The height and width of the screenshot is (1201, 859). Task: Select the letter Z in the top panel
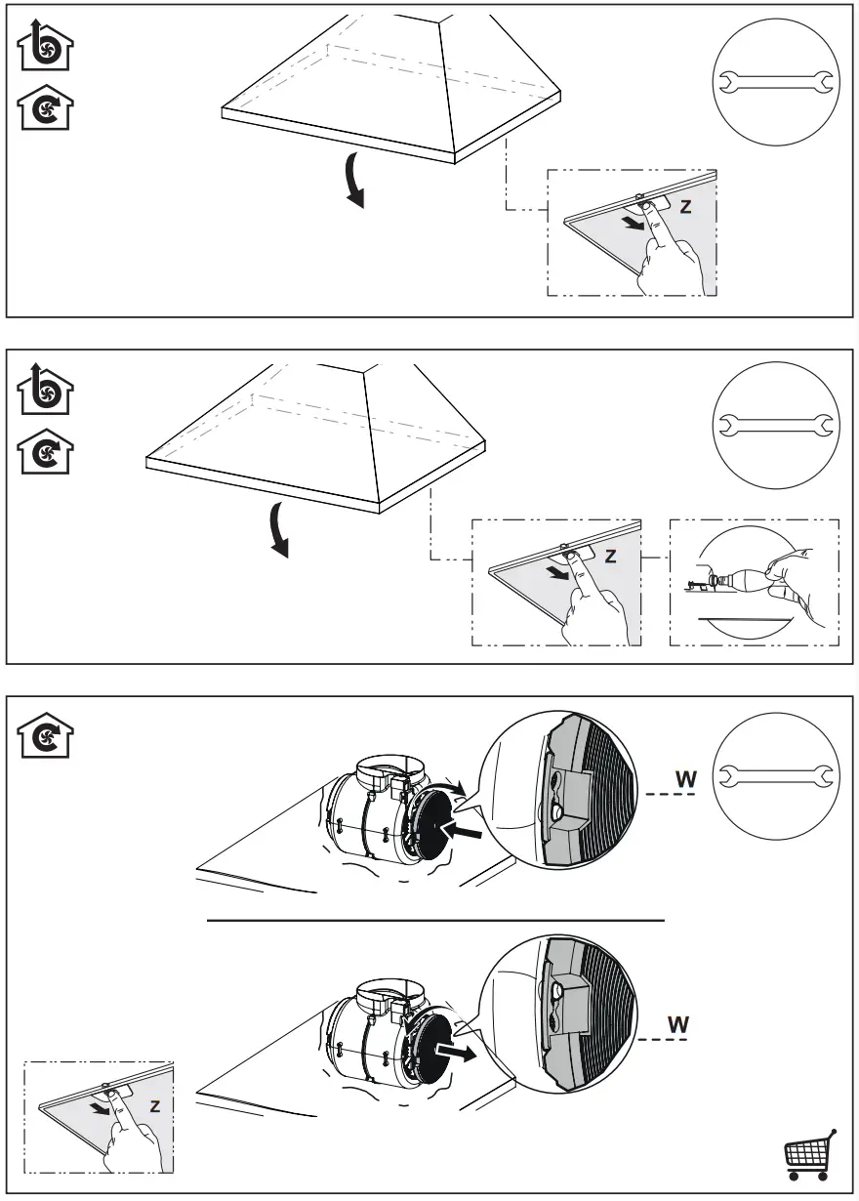[686, 207]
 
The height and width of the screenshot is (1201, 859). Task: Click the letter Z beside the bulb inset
[610, 556]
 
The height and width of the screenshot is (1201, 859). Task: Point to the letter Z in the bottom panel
[155, 1105]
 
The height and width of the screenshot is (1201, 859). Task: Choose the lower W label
[677, 1024]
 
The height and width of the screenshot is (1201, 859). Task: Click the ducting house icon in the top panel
[45, 45]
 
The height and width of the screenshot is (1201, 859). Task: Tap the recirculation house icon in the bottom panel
[45, 734]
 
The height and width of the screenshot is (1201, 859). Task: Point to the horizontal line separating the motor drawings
[435, 920]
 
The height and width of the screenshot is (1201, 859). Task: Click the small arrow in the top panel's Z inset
[634, 223]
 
